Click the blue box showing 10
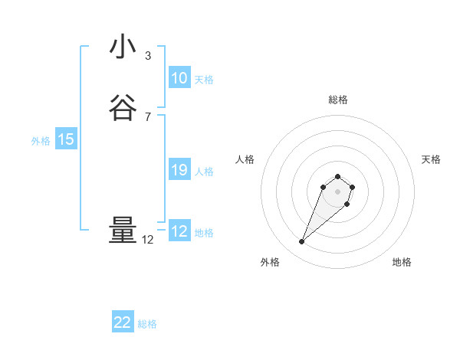pos(179,78)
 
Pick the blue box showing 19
pos(179,170)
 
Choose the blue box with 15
pos(66,139)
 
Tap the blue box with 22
pos(123,322)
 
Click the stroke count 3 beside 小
pos(147,56)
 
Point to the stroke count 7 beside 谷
pos(147,117)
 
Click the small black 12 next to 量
pos(147,240)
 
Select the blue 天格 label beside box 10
pos(204,80)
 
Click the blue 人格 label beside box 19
pos(204,172)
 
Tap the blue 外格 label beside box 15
pos(40,141)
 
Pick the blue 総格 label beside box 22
pos(147,324)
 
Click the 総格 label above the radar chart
pos(337,100)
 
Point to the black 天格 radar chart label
pos(431,159)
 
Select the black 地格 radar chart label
pos(402,262)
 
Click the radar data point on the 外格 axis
pos(301,242)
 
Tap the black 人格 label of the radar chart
pos(245,159)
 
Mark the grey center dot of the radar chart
pos(337,191)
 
